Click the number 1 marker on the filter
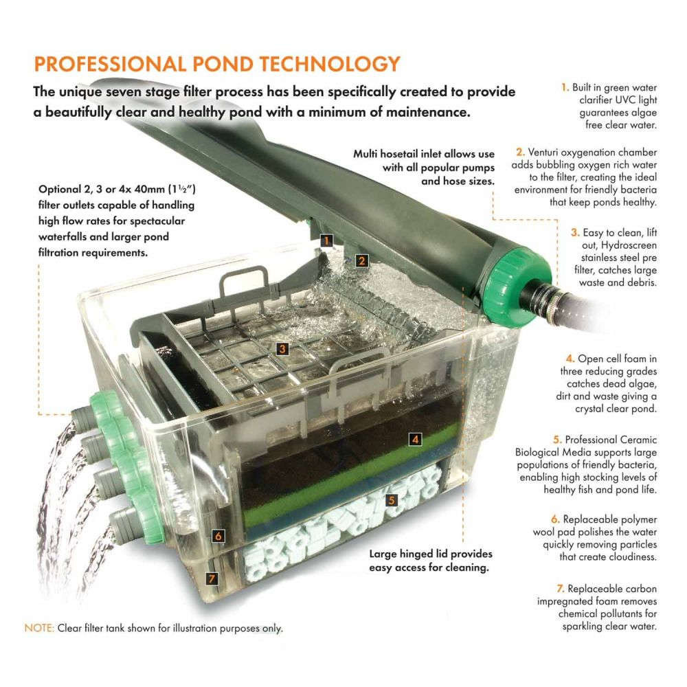click(327, 240)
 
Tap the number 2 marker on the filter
click(361, 260)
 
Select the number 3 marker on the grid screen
click(282, 349)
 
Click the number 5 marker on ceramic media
click(391, 500)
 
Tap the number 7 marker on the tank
click(212, 578)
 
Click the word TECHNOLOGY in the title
click(326, 63)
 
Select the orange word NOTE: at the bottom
click(39, 628)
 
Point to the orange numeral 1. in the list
click(565, 88)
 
